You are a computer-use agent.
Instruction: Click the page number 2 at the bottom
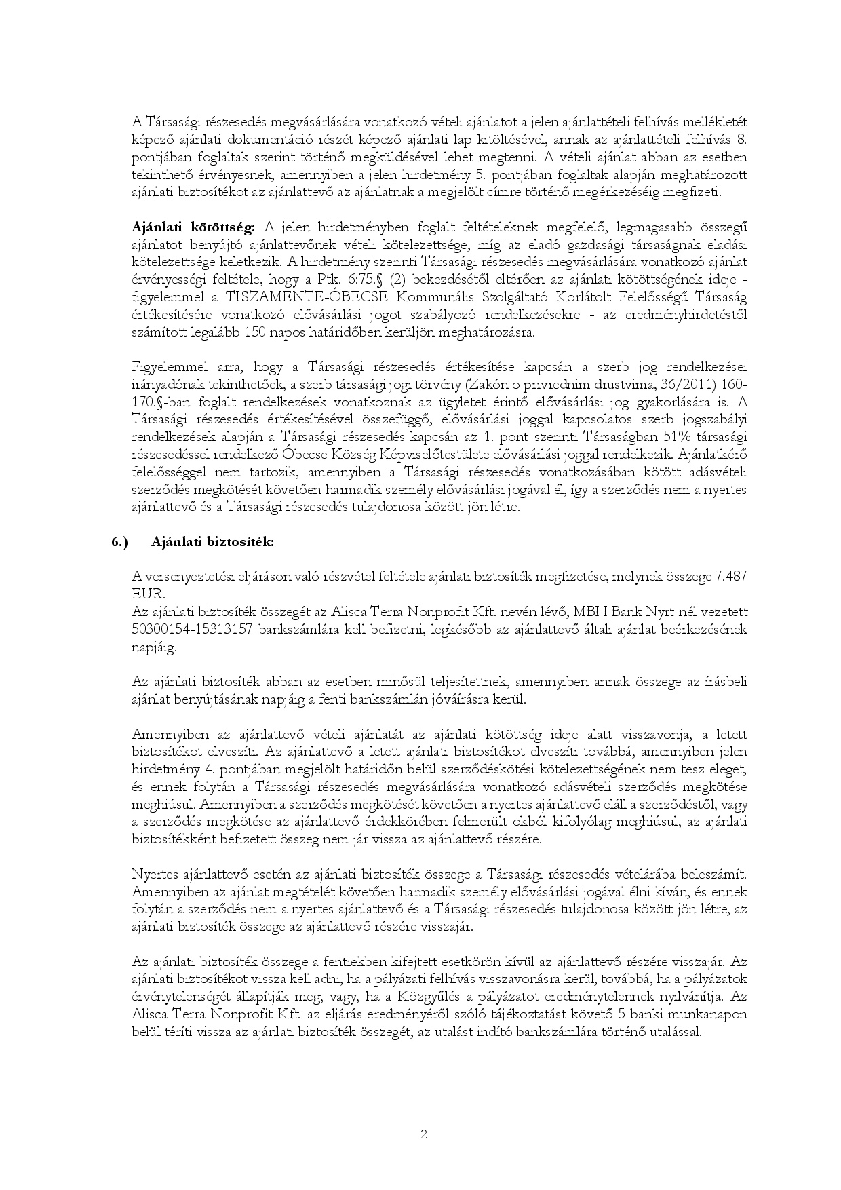[x=423, y=1134]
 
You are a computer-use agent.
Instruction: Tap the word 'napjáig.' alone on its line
[x=153, y=647]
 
